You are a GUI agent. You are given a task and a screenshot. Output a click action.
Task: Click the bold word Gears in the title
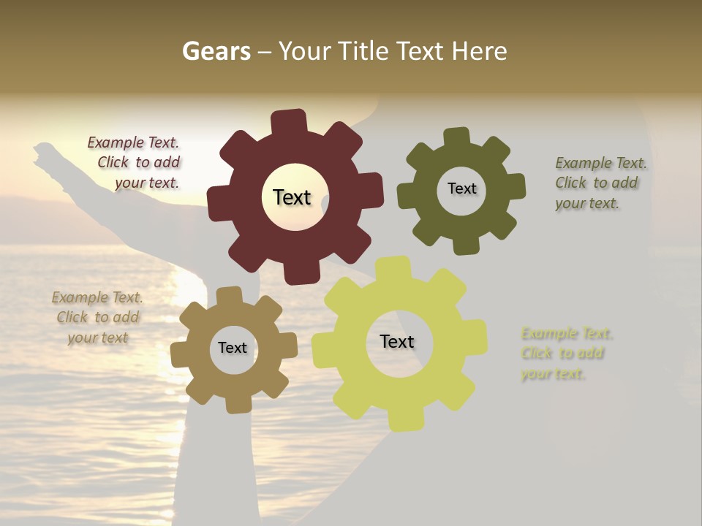click(216, 51)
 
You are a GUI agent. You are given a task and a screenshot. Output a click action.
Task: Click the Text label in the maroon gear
click(292, 197)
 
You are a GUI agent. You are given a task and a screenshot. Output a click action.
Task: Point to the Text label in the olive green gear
click(461, 188)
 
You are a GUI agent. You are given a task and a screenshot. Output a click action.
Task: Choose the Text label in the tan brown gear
click(233, 348)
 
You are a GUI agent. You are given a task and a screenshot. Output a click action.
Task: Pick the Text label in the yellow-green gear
click(397, 342)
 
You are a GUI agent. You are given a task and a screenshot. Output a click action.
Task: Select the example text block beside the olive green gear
click(600, 183)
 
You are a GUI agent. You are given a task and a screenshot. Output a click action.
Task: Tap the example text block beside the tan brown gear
click(97, 318)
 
